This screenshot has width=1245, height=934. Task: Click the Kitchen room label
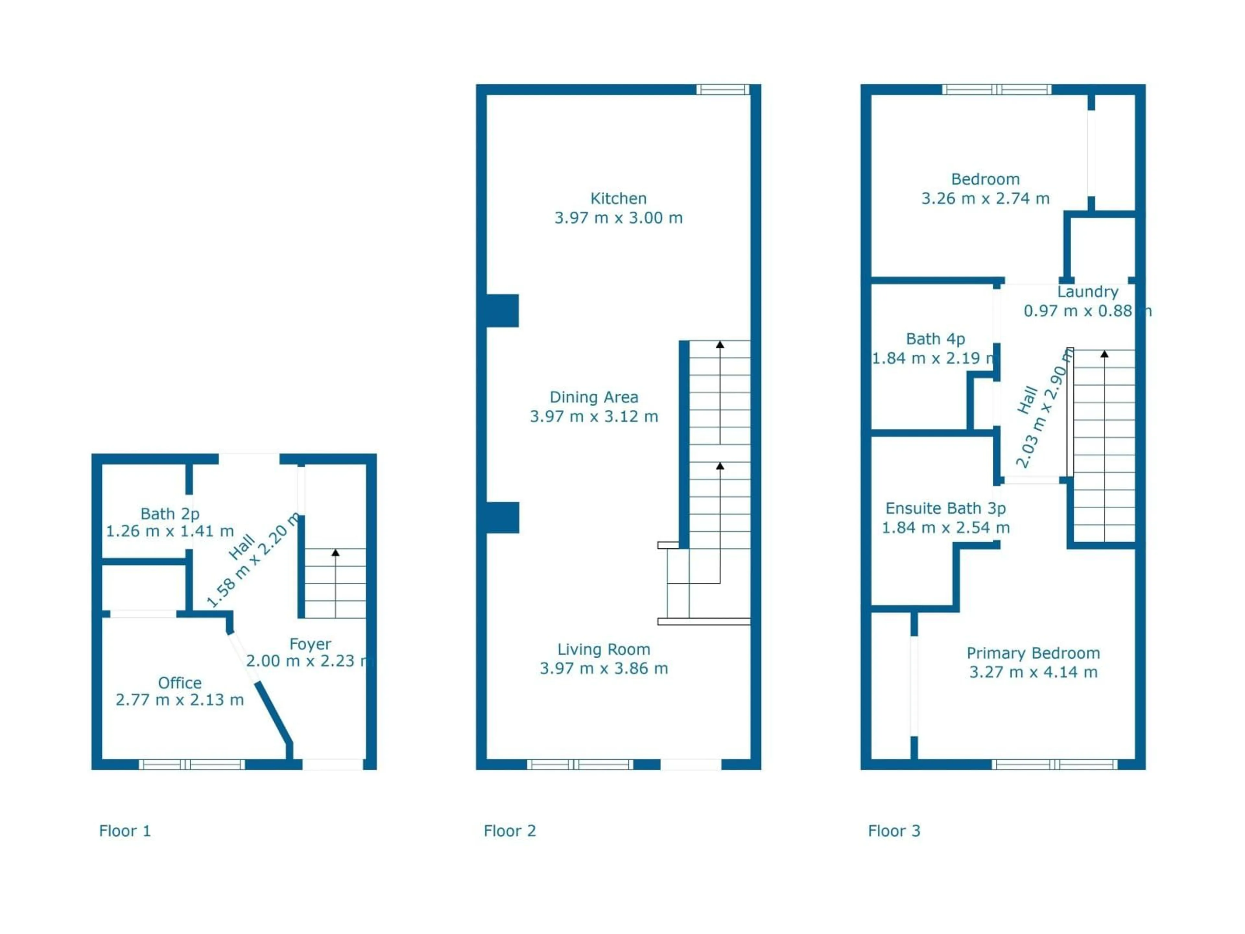pyautogui.click(x=618, y=199)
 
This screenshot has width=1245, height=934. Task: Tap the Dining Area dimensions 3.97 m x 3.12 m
pyautogui.click(x=594, y=417)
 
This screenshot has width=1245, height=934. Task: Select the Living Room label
pyautogui.click(x=603, y=649)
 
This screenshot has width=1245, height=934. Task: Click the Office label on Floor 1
pyautogui.click(x=180, y=683)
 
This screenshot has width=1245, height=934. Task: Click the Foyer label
pyautogui.click(x=310, y=644)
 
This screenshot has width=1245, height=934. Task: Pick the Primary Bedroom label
pyautogui.click(x=1033, y=653)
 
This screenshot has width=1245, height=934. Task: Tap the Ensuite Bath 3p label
pyautogui.click(x=945, y=509)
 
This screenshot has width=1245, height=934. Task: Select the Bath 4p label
pyautogui.click(x=935, y=339)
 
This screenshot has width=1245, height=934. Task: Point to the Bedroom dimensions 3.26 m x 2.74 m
pyautogui.click(x=985, y=199)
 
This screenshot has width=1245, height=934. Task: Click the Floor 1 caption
pyautogui.click(x=125, y=831)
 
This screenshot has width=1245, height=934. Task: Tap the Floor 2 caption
pyautogui.click(x=509, y=831)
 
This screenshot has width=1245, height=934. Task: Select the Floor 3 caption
pyautogui.click(x=894, y=831)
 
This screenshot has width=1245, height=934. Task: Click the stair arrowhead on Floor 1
pyautogui.click(x=336, y=553)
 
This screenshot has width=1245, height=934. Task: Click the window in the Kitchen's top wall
pyautogui.click(x=723, y=90)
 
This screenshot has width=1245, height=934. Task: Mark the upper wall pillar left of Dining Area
pyautogui.click(x=502, y=310)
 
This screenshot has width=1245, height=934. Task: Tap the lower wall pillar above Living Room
pyautogui.click(x=502, y=517)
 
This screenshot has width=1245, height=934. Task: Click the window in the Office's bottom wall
pyautogui.click(x=191, y=764)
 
